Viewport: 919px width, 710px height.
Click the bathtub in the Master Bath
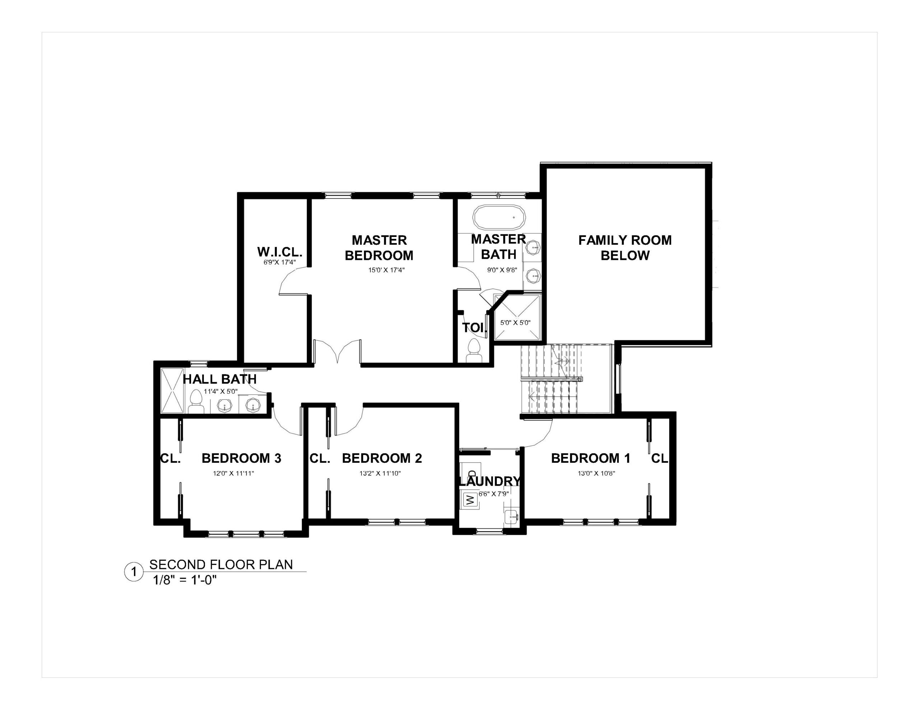click(499, 218)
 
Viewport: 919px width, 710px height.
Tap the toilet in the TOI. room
click(474, 351)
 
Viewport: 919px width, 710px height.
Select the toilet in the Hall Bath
click(196, 402)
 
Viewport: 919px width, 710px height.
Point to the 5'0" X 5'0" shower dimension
click(516, 323)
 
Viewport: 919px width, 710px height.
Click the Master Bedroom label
click(379, 248)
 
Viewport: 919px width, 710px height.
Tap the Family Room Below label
click(625, 248)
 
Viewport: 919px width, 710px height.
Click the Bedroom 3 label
click(242, 458)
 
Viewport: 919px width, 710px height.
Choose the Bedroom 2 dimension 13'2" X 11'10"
click(380, 473)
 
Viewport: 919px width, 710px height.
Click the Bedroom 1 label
click(591, 458)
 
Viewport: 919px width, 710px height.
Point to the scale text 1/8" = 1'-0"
click(185, 580)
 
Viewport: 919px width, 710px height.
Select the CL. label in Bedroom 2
click(320, 458)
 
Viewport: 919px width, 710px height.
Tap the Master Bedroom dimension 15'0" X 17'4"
click(386, 270)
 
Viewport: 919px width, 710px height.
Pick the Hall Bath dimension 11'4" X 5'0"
click(221, 391)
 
